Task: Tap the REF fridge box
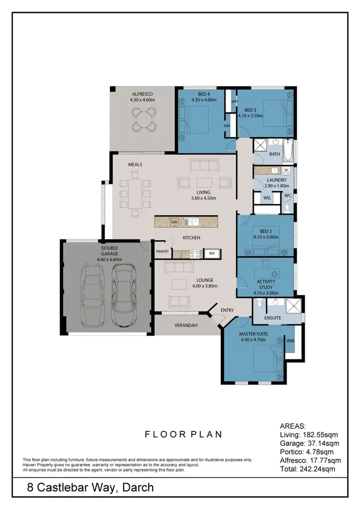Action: [211, 253]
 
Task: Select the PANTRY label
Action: [163, 251]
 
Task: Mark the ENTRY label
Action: [227, 310]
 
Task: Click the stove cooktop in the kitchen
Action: [195, 253]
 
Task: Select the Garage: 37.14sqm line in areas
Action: [310, 442]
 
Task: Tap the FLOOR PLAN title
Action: [183, 434]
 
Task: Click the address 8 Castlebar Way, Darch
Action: [90, 488]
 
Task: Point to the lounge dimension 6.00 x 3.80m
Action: [204, 286]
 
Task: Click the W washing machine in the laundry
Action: [286, 170]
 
